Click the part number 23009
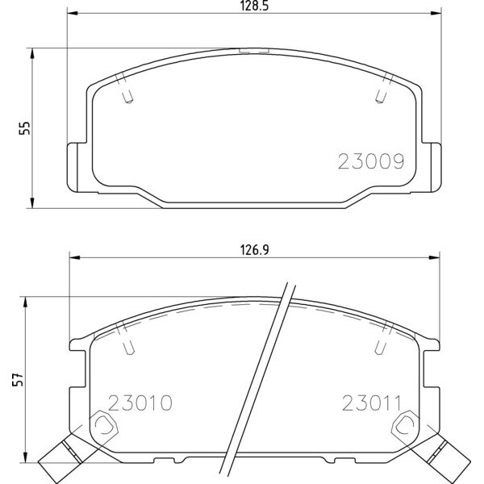pos(370,161)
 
